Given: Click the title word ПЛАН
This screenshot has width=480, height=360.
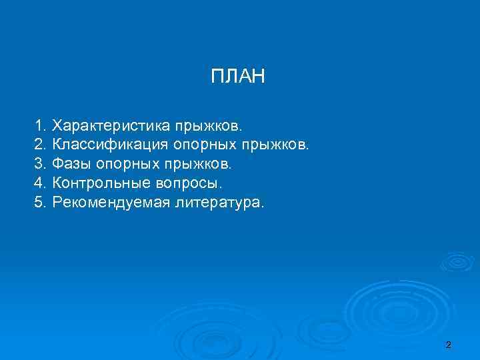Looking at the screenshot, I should pos(238,77).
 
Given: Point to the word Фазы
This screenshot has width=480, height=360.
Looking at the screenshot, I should pos(72,164).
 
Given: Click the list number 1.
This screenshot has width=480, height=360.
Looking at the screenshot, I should pos(41,125).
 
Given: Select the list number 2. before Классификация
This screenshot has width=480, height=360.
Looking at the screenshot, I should pos(41,145).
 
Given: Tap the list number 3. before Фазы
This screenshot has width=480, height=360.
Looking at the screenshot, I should pos(41,164).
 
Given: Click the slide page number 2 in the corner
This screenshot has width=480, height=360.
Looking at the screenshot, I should pos(448,345).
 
